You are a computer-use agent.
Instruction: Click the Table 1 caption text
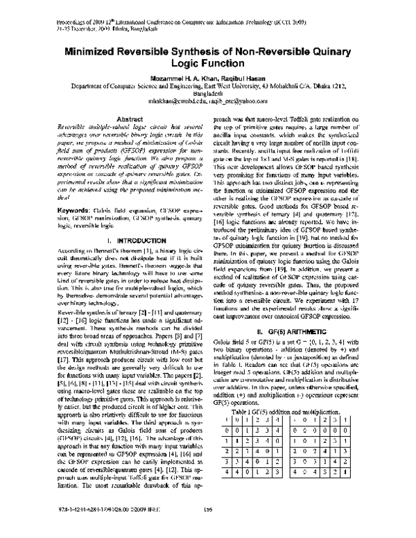291,411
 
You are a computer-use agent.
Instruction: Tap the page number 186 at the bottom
208,529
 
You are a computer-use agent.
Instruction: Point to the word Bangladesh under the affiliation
208,93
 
